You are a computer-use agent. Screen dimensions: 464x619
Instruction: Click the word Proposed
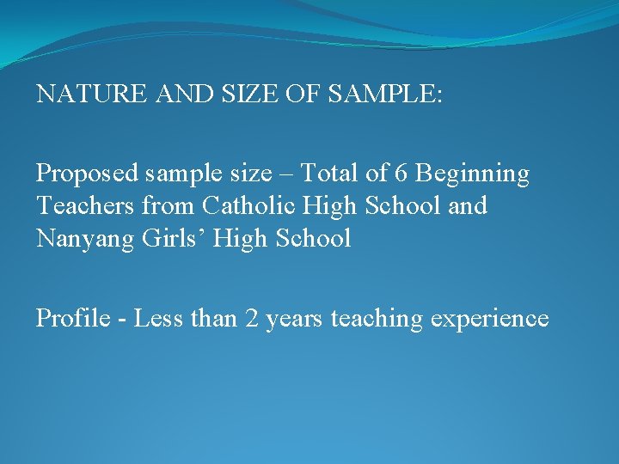pos(87,174)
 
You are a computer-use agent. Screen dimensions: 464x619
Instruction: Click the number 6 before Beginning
pos(401,174)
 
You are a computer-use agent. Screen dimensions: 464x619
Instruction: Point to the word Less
pos(158,319)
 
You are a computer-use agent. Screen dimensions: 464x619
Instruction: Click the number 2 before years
pos(252,319)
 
